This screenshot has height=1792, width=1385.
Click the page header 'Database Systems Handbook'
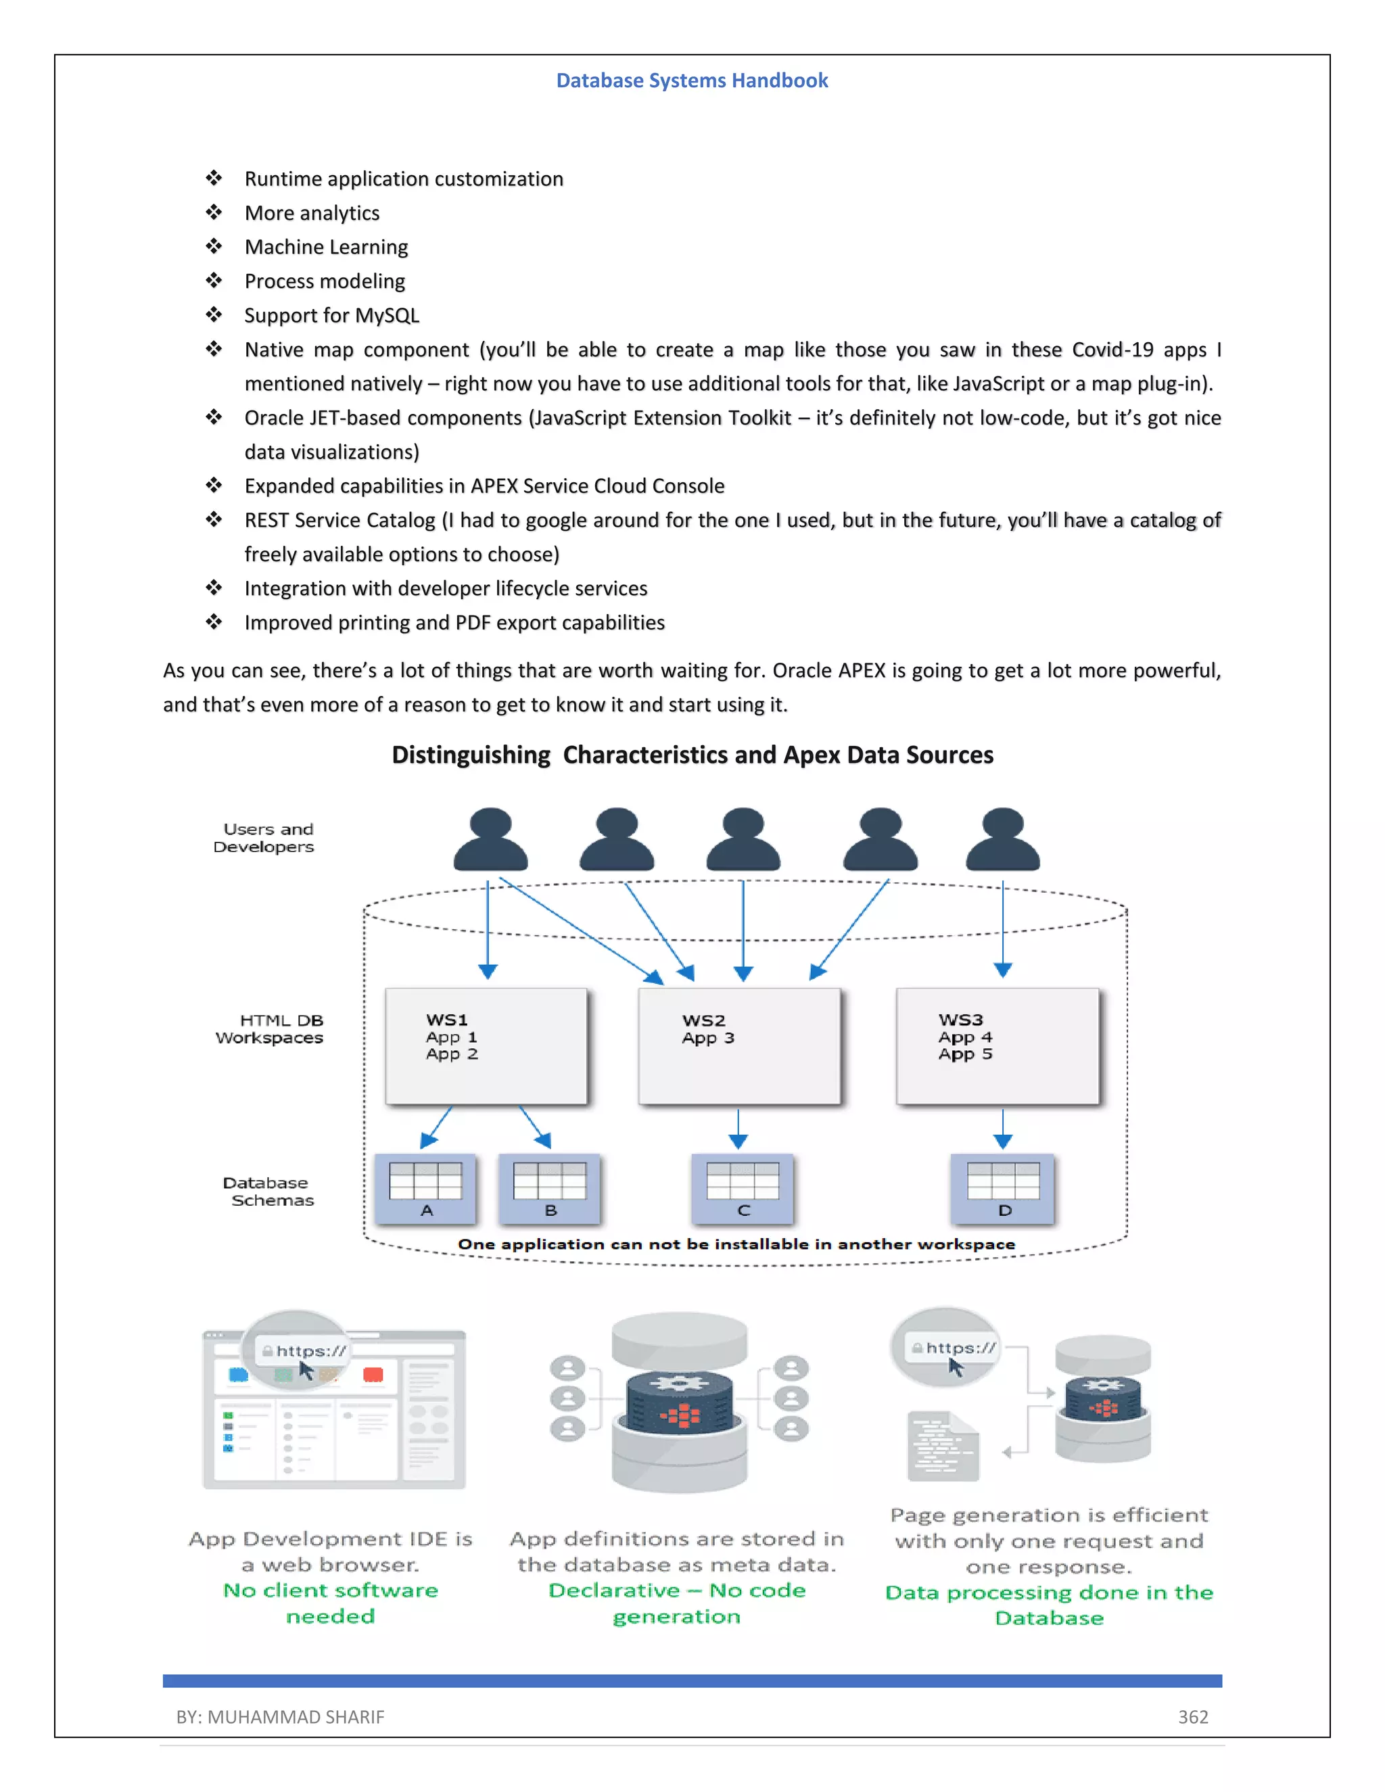coord(692,80)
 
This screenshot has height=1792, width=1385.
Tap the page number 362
coord(1193,1716)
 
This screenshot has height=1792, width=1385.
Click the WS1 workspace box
coord(486,1046)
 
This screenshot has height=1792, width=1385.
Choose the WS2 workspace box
coord(739,1046)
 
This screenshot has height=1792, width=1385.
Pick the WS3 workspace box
coord(997,1046)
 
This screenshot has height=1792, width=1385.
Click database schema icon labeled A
coord(425,1188)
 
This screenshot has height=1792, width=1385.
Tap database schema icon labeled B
coord(550,1188)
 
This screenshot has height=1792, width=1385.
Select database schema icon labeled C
coord(743,1188)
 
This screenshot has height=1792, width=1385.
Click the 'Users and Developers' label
coord(264,838)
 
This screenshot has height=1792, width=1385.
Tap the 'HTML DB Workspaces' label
coord(270,1029)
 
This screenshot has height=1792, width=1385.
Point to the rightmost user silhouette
coord(1003,839)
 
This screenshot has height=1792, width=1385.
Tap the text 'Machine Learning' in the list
coord(326,247)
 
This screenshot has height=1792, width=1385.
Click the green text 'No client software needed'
coord(331,1603)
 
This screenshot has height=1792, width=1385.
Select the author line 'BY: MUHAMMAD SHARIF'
coord(280,1716)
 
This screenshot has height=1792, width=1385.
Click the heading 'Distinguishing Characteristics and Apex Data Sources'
coord(692,755)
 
